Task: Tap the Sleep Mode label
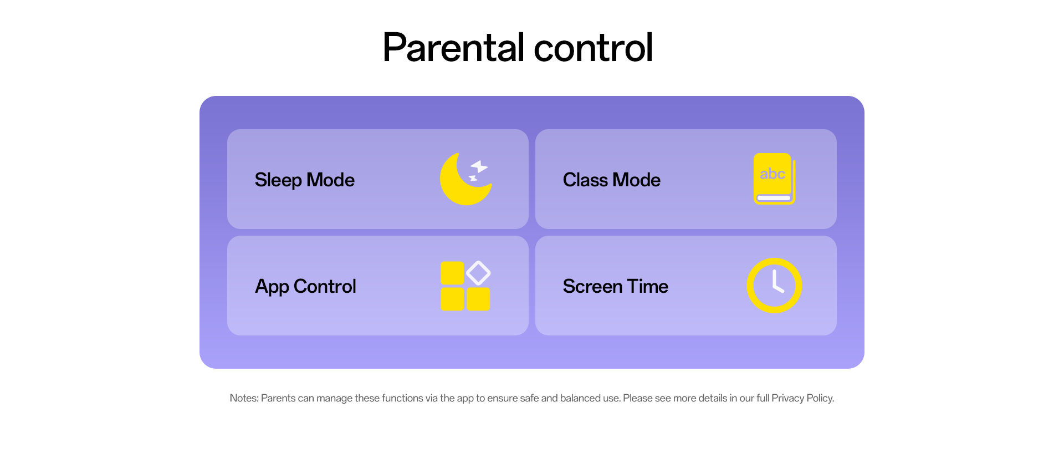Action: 304,180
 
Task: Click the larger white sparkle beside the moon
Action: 479,166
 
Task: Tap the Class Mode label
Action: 611,180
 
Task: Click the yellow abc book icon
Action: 774,179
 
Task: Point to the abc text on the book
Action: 772,174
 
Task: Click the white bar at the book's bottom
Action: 774,198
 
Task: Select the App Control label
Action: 305,286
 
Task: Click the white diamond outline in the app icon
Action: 478,273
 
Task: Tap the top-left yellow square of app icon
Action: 452,273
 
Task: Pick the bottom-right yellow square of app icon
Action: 478,299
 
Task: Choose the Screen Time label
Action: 615,286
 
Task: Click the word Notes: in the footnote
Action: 244,398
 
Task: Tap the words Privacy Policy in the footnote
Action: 802,398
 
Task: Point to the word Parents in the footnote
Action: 278,398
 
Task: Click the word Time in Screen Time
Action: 648,286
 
